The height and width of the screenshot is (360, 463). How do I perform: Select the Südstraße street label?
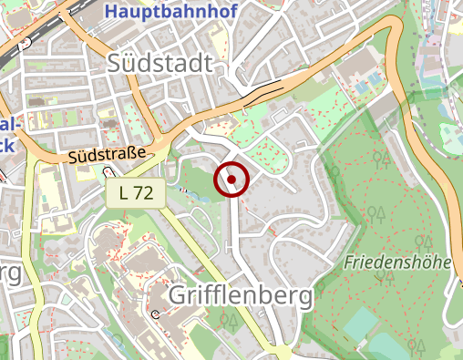(x=107, y=157)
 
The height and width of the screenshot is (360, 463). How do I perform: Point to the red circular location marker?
(x=231, y=179)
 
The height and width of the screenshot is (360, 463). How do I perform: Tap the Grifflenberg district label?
(x=240, y=295)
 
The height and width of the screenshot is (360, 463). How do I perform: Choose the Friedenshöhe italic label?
(x=398, y=262)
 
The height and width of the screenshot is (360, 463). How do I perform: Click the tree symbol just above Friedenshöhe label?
(x=422, y=242)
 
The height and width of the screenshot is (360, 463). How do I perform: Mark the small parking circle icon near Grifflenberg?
(x=155, y=314)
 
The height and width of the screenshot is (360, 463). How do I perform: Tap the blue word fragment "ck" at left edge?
(x=6, y=143)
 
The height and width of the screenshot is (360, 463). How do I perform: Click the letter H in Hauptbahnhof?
(x=111, y=12)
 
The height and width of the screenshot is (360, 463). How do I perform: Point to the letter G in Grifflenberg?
(x=179, y=295)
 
